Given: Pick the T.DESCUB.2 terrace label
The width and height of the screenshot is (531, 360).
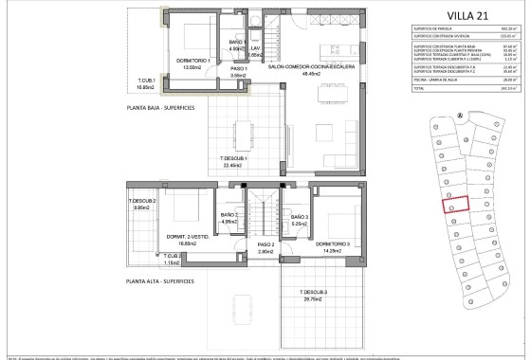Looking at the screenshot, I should point(143,204).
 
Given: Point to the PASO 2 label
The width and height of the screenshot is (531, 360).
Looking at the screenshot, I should point(265,248).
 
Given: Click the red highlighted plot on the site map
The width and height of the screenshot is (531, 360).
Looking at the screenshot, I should point(459,206).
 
